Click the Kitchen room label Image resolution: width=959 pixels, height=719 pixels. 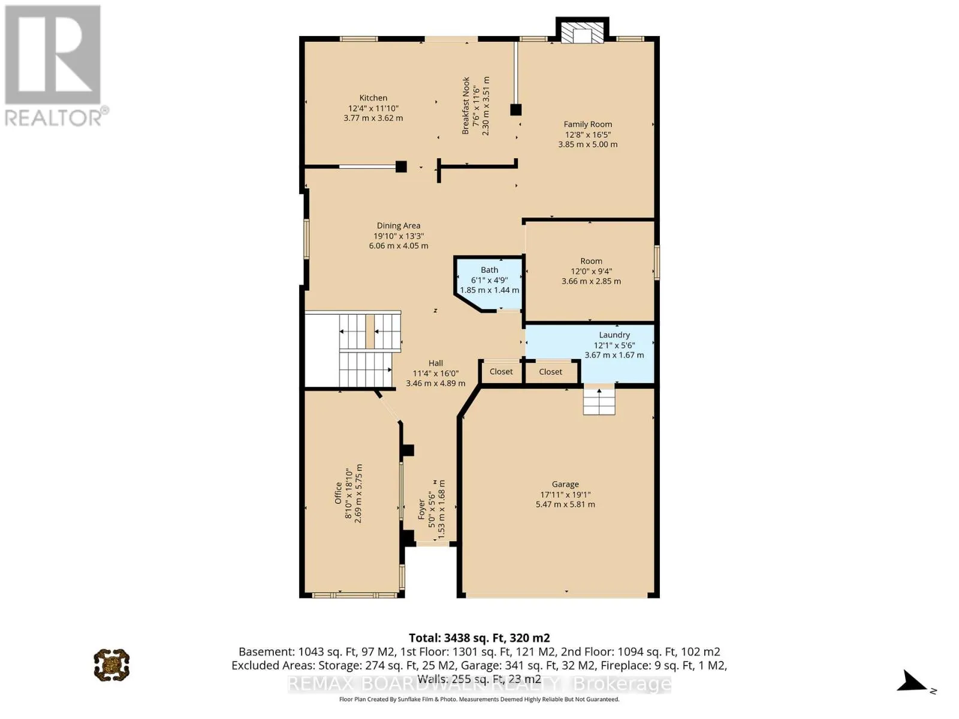click(x=373, y=98)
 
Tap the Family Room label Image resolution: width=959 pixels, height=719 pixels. click(x=587, y=125)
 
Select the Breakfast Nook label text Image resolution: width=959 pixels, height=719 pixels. click(x=466, y=105)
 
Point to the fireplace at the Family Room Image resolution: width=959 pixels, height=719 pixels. click(x=582, y=31)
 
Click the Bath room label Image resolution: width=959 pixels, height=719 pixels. click(x=489, y=270)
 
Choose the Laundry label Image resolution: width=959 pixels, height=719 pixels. click(x=614, y=335)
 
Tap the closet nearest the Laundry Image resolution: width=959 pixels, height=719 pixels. click(x=550, y=372)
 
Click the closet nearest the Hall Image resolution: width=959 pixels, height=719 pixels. click(x=501, y=371)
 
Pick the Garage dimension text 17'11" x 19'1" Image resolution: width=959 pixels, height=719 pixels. click(x=565, y=495)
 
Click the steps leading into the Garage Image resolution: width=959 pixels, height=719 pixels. click(x=599, y=401)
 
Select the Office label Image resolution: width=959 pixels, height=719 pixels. click(x=338, y=493)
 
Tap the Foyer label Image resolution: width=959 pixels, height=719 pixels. click(x=421, y=509)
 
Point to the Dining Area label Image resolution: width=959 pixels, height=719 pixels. click(x=399, y=226)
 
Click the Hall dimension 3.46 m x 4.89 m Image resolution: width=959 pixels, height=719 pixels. click(x=436, y=383)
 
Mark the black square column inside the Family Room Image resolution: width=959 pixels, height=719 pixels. click(x=515, y=110)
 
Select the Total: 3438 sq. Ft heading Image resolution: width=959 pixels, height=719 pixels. click(x=479, y=638)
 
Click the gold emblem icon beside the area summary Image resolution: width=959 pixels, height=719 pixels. click(x=112, y=664)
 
